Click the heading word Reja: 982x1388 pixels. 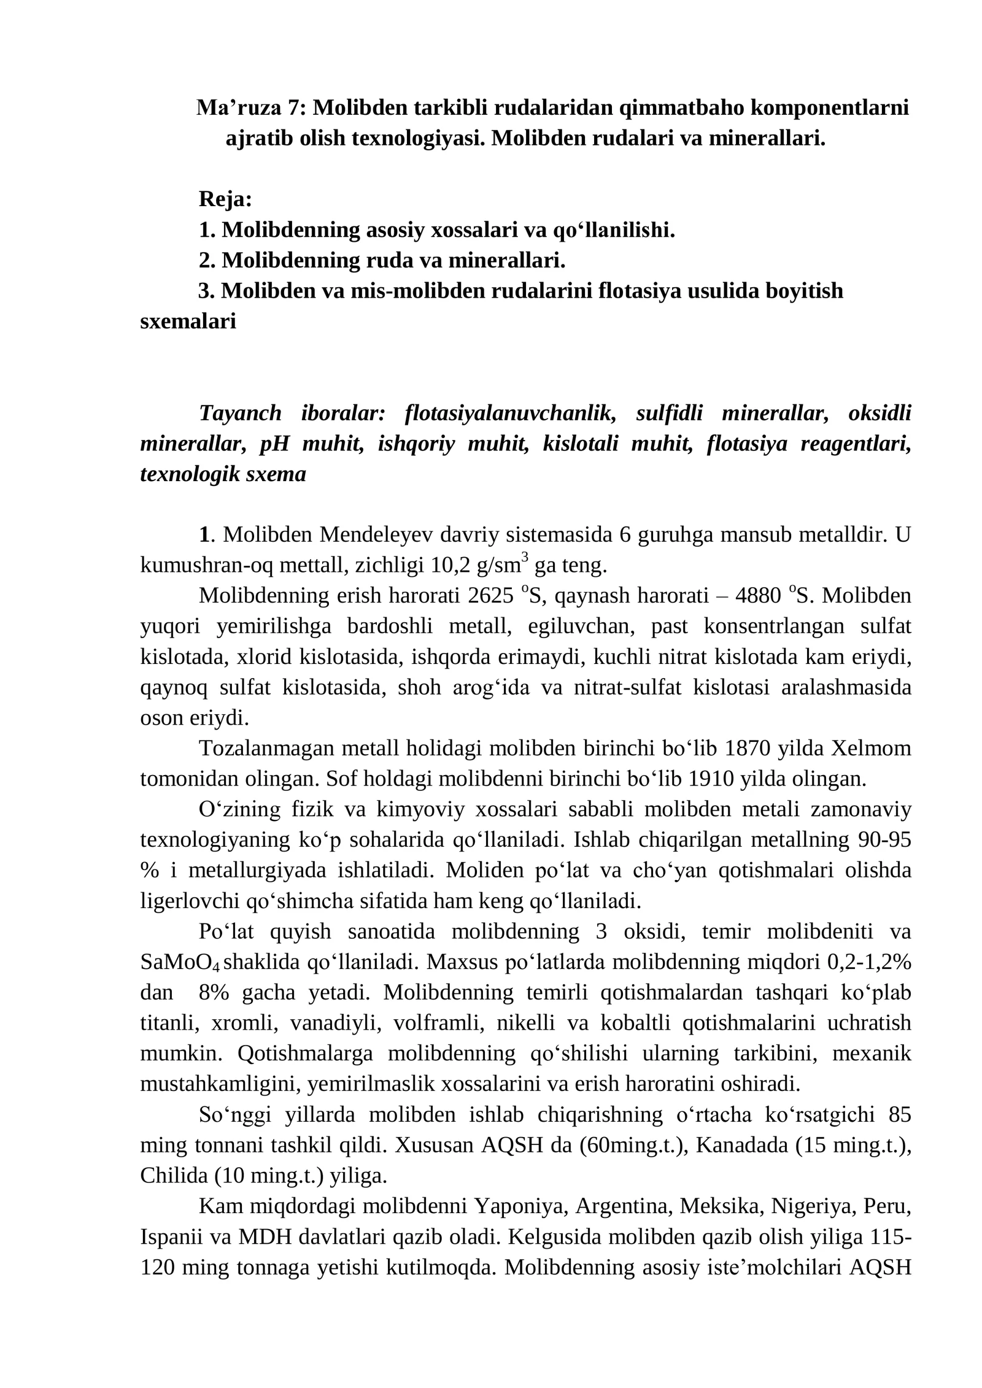coord(225,199)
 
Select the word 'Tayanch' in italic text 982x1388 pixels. coord(240,414)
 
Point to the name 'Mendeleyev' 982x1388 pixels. coord(376,535)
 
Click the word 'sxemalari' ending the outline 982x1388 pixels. coord(188,322)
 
